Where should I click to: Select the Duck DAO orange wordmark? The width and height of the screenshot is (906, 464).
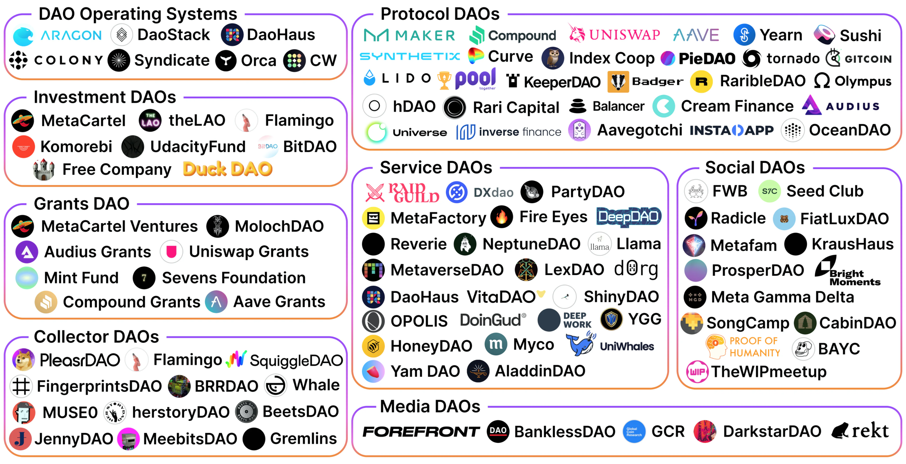228,169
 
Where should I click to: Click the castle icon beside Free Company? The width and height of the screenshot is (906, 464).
44,169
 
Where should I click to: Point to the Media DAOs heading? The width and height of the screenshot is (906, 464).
430,407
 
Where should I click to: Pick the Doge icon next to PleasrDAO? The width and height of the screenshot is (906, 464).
23,360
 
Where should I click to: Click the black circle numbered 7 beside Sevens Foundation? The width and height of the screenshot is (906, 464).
144,278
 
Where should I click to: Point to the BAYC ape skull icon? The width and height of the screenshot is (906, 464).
803,349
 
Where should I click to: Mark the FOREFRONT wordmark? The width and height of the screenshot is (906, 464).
421,432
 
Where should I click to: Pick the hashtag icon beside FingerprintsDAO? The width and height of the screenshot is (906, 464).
21,386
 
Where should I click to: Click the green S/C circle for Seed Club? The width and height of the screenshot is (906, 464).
769,191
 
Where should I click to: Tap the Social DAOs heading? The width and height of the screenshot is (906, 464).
755,168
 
